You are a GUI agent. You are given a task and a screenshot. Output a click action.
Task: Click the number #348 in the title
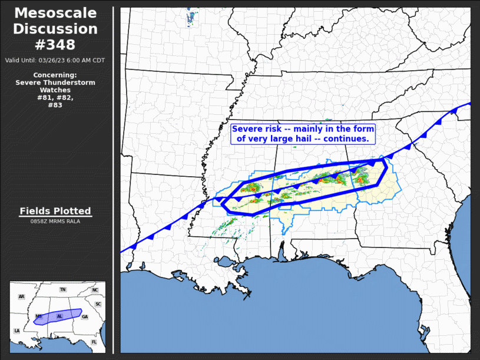(x=56, y=44)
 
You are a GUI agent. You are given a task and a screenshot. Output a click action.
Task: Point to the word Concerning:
(x=55, y=75)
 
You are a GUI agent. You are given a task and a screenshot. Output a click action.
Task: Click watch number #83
(x=55, y=105)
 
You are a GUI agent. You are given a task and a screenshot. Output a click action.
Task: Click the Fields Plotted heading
(x=55, y=211)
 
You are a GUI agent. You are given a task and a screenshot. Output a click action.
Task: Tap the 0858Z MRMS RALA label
(x=55, y=222)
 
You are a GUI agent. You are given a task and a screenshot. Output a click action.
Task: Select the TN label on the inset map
(x=62, y=290)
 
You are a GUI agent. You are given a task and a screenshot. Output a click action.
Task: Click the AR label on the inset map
(x=21, y=297)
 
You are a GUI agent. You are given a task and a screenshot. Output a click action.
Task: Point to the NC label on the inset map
(x=95, y=290)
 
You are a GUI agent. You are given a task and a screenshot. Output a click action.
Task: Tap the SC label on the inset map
(x=98, y=304)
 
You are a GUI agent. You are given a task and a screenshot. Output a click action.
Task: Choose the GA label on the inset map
(x=85, y=316)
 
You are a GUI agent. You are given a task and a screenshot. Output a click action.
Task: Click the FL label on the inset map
(x=94, y=342)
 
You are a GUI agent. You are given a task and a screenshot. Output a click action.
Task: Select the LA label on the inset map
(x=16, y=331)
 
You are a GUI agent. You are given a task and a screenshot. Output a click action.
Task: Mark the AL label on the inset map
(x=59, y=316)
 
